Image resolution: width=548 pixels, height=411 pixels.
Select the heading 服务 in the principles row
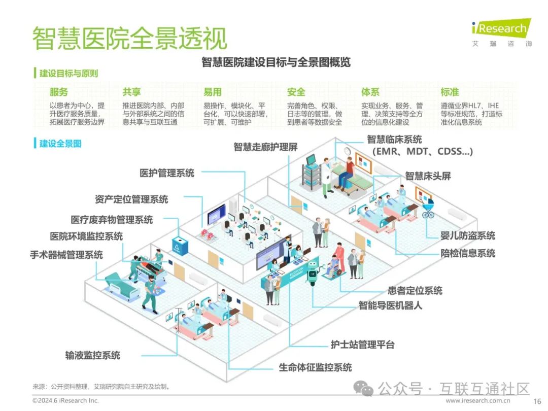tap(58, 92)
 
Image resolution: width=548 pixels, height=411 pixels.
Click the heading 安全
tap(296, 92)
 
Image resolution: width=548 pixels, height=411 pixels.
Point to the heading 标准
tap(450, 92)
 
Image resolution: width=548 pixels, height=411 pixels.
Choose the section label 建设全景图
tap(60, 144)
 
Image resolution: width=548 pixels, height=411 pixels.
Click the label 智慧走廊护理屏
tap(265, 147)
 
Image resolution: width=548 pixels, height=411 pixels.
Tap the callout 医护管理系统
tap(167, 173)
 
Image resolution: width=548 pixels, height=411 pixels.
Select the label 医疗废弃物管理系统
tap(112, 220)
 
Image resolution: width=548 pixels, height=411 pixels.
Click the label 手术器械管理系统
tap(66, 254)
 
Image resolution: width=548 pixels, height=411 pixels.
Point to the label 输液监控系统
tap(92, 355)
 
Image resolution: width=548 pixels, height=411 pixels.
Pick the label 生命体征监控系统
tap(315, 367)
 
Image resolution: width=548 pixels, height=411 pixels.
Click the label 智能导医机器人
tap(390, 305)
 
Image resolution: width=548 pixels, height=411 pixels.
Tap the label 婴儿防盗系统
tap(468, 235)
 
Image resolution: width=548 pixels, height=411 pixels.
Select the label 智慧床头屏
tap(428, 176)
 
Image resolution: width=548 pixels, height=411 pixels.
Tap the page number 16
tap(537, 401)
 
